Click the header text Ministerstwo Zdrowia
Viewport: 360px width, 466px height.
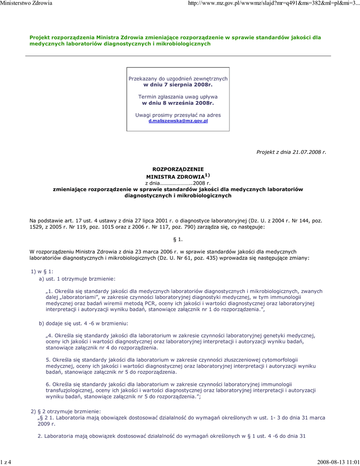click(26, 3)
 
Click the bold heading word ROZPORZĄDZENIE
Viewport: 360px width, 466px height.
click(178, 169)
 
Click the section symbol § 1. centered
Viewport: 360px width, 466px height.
click(178, 239)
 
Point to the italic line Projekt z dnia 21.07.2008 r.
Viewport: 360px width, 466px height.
click(291, 152)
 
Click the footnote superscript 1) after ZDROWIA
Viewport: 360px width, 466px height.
click(207, 175)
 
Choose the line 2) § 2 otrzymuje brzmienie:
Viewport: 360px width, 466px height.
click(62, 411)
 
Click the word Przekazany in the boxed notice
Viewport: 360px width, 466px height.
click(142, 79)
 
